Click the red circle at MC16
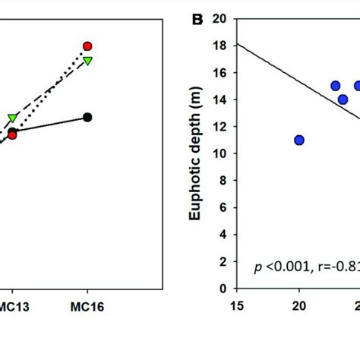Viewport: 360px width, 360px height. [x=87, y=46]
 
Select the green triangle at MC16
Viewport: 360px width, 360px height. [x=87, y=61]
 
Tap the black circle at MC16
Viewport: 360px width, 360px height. [x=87, y=117]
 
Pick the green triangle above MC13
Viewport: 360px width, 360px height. [x=13, y=118]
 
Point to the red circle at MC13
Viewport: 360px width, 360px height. [x=12, y=134]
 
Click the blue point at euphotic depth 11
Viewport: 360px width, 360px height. [x=299, y=140]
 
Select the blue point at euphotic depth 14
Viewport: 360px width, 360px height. [x=343, y=99]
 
